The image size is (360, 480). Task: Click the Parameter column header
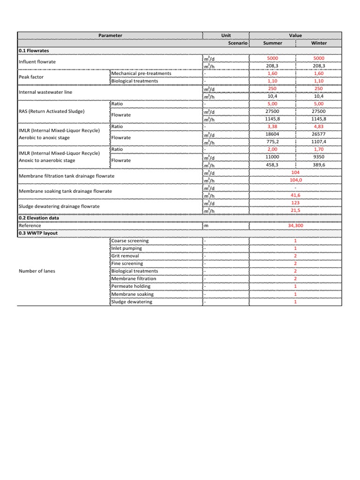point(110,35)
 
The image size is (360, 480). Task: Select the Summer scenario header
point(273,43)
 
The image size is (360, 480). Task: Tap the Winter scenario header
point(319,43)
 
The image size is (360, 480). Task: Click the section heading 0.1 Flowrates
point(34,51)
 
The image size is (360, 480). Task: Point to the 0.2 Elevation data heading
point(38,218)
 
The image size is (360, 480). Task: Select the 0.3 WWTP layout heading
point(38,233)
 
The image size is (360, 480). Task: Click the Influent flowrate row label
point(37,62)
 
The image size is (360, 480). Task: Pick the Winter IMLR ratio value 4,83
point(319,126)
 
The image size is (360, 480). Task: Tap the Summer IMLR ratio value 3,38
point(272,126)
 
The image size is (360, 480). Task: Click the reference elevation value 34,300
point(295,225)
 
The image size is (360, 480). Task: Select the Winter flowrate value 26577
point(319,134)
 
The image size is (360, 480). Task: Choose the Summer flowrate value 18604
point(272,134)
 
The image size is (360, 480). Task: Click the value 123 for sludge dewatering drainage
point(295,202)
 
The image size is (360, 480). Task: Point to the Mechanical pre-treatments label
point(141,74)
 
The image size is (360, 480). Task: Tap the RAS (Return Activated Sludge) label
point(52,111)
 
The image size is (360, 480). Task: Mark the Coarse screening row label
point(130,240)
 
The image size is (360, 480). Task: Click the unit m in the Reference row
point(206,225)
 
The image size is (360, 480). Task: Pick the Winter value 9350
point(319,157)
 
